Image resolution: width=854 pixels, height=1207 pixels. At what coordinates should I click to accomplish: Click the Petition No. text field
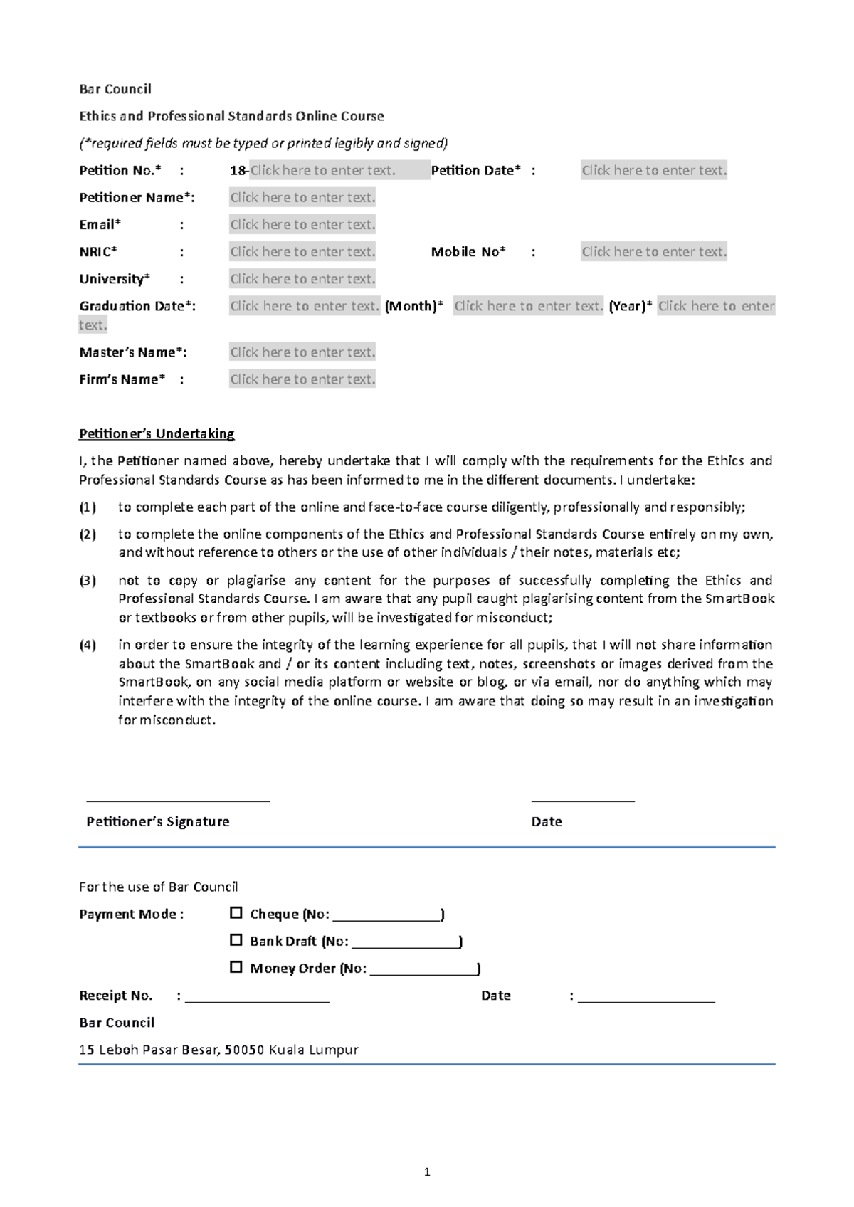click(x=322, y=171)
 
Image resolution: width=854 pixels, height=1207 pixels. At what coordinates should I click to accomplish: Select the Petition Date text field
click(x=654, y=171)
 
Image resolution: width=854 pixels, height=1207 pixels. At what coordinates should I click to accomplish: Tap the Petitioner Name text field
click(x=302, y=198)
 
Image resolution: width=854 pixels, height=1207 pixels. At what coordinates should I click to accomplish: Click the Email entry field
click(x=302, y=225)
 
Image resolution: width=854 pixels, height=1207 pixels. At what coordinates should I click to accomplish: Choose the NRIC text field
click(x=302, y=252)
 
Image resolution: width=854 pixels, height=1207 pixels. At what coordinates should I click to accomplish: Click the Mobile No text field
click(x=654, y=252)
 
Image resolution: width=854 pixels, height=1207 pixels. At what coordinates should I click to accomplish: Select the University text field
click(x=302, y=279)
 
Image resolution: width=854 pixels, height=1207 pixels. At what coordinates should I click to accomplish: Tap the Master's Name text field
click(x=302, y=352)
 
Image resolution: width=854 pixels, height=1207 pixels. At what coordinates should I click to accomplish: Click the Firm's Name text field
click(x=302, y=379)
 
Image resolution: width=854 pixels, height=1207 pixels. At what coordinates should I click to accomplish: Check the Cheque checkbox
click(x=236, y=913)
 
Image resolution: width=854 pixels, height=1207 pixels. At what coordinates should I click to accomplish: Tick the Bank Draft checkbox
click(x=236, y=940)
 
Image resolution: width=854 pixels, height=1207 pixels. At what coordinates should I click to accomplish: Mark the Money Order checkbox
click(x=236, y=967)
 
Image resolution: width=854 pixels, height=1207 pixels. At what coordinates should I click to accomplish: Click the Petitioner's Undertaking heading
click(x=157, y=434)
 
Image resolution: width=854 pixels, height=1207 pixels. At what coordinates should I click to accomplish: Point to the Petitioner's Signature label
click(x=158, y=822)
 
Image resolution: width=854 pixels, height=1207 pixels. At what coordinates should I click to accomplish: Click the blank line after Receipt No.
click(x=257, y=996)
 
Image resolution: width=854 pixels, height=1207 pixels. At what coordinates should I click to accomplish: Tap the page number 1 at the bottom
click(x=427, y=1172)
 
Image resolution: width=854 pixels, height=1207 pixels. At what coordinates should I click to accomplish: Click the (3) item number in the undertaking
click(x=88, y=581)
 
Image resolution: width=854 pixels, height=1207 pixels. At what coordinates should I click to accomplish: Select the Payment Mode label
click(x=132, y=915)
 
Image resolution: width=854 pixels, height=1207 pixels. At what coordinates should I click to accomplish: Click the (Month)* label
click(x=413, y=307)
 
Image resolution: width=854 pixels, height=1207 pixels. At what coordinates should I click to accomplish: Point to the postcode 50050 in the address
click(x=244, y=1050)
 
